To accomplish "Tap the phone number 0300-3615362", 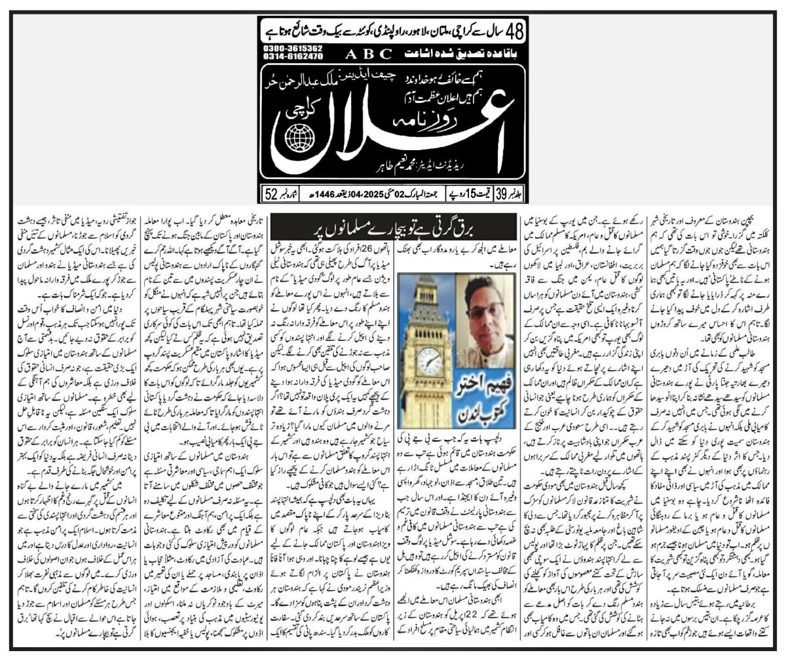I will (x=293, y=49).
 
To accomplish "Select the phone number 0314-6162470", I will (x=293, y=57).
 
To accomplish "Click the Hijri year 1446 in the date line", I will (x=315, y=194).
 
